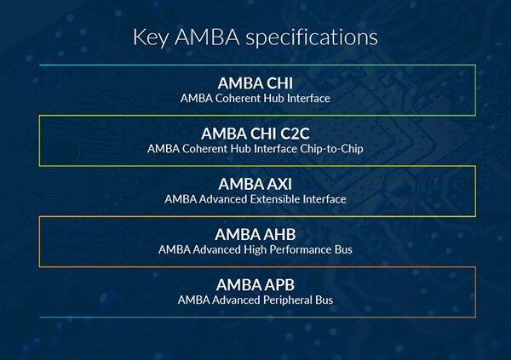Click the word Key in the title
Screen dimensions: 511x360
click(151, 37)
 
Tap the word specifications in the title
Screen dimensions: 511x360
click(312, 37)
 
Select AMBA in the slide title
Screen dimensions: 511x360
click(207, 37)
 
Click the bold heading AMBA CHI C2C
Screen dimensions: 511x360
click(255, 134)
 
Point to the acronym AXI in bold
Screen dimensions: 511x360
click(279, 184)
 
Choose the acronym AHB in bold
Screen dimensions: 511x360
click(279, 235)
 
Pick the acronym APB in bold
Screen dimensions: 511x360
click(279, 285)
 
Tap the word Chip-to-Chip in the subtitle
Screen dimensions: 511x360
click(331, 149)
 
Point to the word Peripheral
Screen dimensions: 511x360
click(288, 300)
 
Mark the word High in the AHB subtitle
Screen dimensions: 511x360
click(255, 250)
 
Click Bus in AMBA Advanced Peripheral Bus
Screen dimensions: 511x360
click(324, 300)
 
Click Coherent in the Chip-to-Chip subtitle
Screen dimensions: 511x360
click(204, 149)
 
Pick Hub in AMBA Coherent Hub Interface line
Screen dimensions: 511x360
click(273, 99)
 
